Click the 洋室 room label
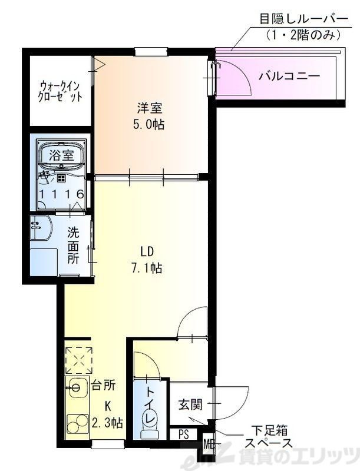point(150,108)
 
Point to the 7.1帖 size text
point(148,268)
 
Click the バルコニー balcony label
point(289,77)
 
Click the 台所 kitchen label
point(104,386)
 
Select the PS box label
point(183,436)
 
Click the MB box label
point(209,442)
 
